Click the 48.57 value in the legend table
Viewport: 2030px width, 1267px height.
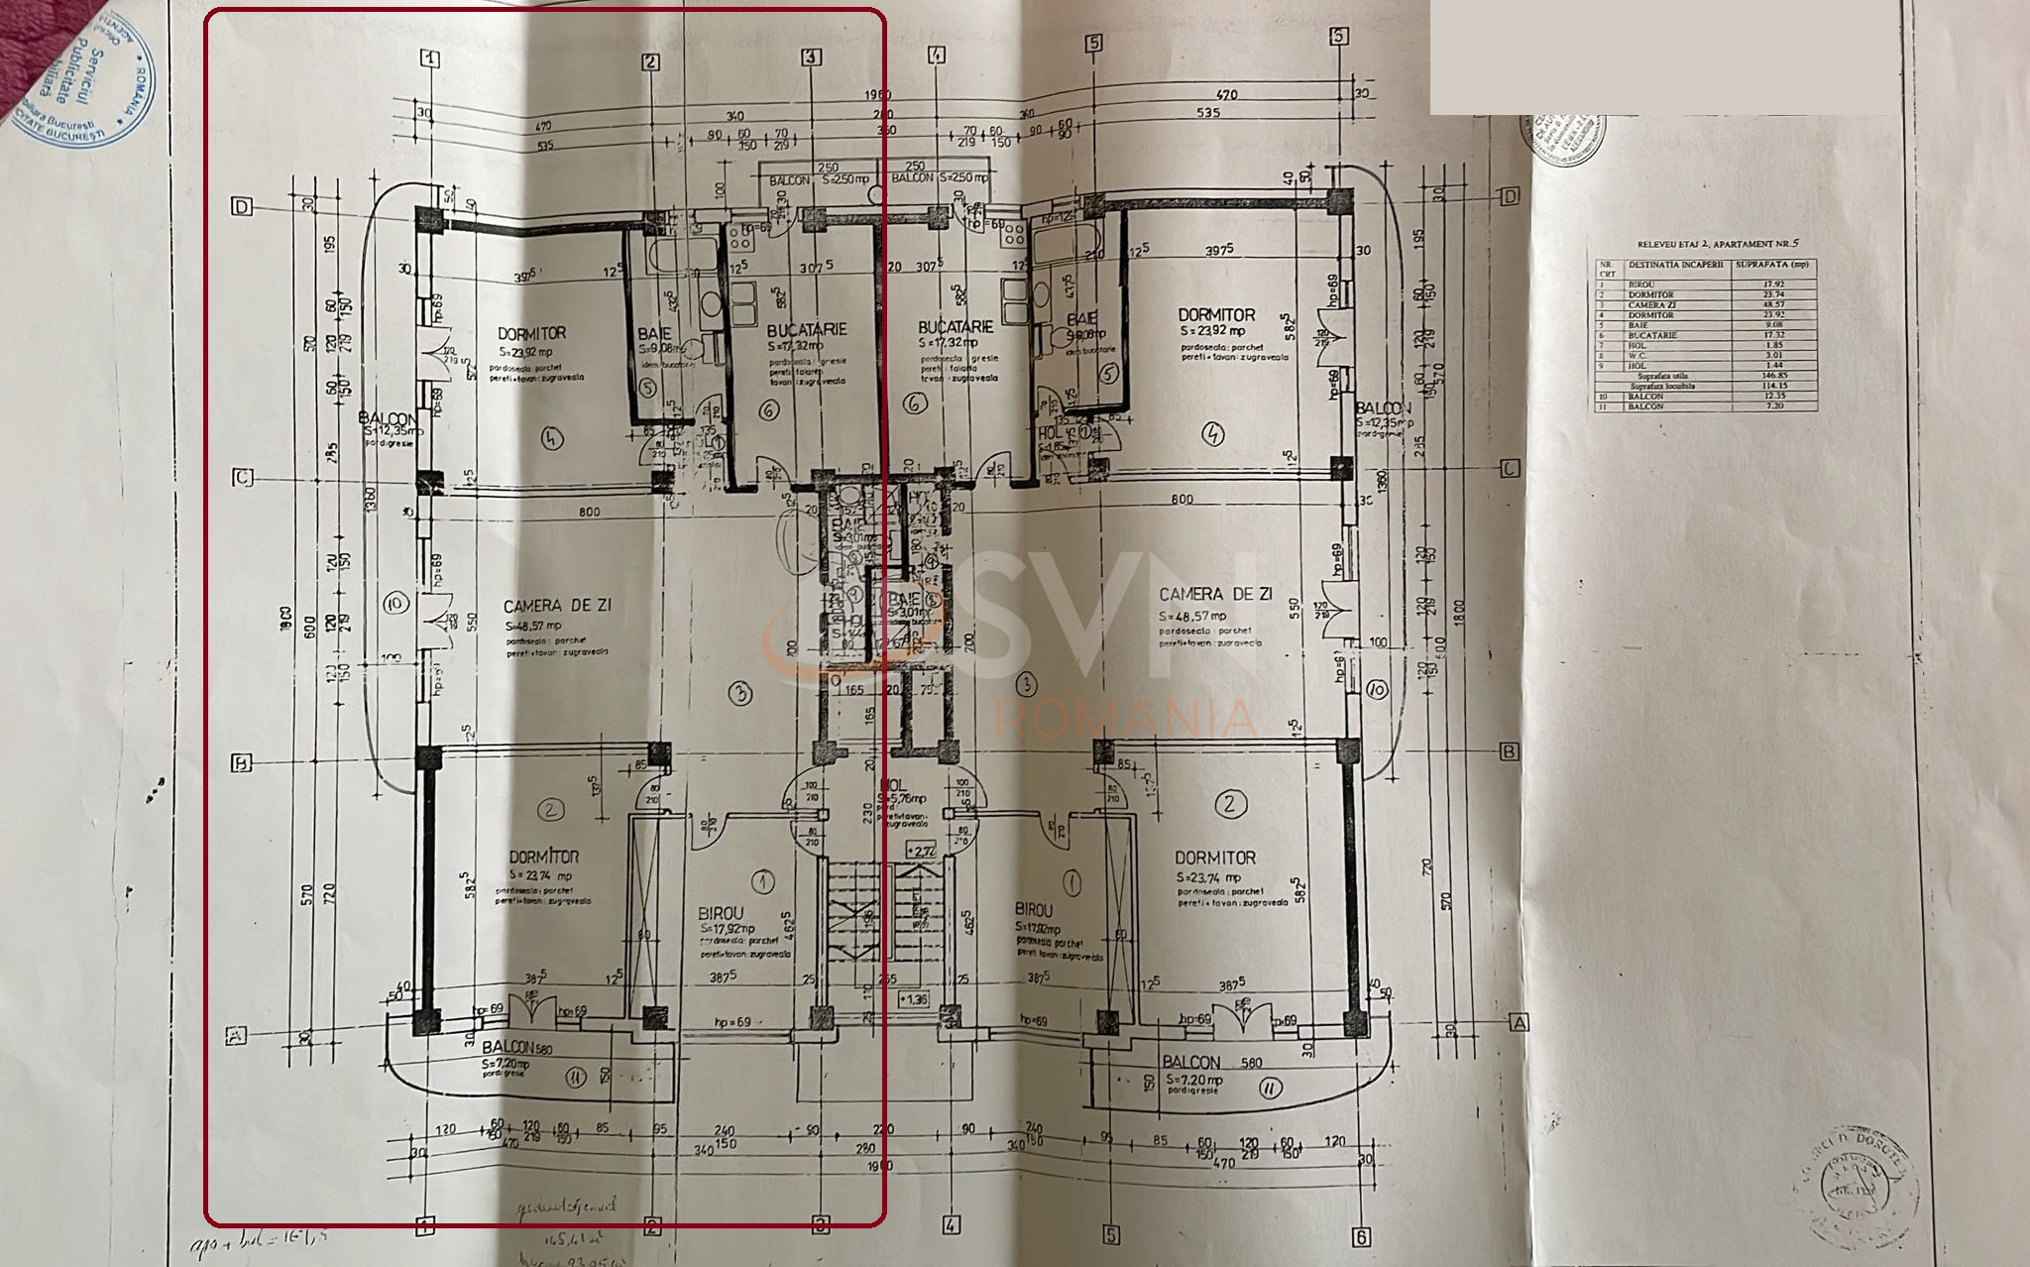pyautogui.click(x=1774, y=304)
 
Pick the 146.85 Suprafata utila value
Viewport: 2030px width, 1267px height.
pyautogui.click(x=1774, y=376)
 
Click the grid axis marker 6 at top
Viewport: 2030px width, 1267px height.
pyautogui.click(x=1339, y=36)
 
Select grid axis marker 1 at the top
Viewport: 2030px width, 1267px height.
pyautogui.click(x=430, y=58)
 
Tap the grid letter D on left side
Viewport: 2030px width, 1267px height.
pyautogui.click(x=241, y=206)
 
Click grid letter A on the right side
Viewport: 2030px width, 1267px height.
pyautogui.click(x=1520, y=1022)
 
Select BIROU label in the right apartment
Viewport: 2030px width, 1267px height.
pyautogui.click(x=1034, y=909)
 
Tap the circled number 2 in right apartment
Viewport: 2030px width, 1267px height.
pyautogui.click(x=1230, y=803)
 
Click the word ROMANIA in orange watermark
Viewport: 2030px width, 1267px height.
pyautogui.click(x=1125, y=718)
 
